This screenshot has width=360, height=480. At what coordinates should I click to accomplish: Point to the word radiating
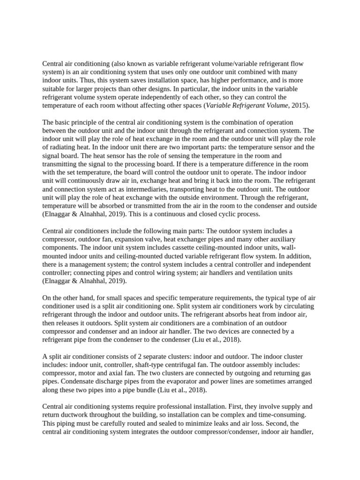click(x=63, y=147)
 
